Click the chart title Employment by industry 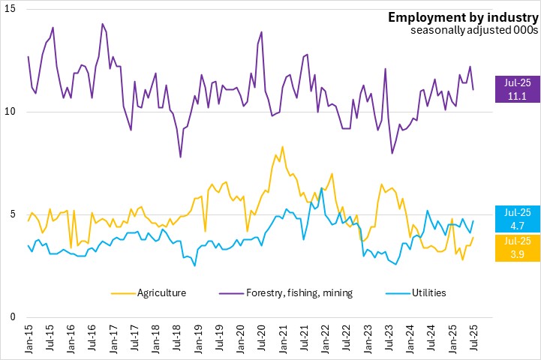pos(461,17)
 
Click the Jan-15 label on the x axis pos(29,337)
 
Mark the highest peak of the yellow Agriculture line pos(282,146)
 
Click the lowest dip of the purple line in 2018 pos(181,157)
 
